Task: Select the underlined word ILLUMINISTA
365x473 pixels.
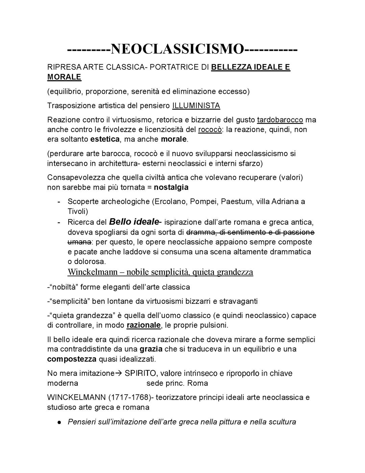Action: [196, 106]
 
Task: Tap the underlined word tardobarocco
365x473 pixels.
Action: [280, 120]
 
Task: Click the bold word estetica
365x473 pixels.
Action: [105, 139]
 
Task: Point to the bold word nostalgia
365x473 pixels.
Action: [171, 187]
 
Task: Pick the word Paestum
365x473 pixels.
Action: [237, 201]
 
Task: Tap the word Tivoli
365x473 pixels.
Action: [77, 211]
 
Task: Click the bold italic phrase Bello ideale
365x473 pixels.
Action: [133, 222]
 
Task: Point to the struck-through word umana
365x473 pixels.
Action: [79, 242]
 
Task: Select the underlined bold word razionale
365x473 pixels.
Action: [144, 325]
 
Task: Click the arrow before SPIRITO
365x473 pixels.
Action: [119, 373]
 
